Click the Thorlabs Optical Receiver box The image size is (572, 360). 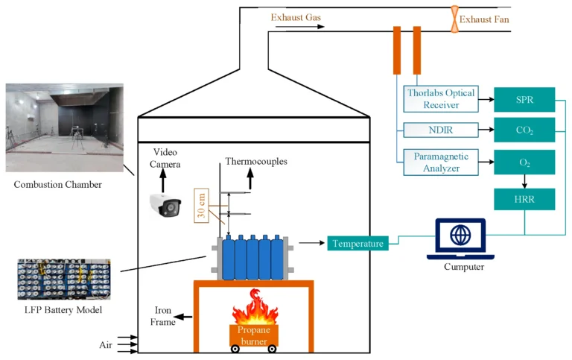pos(442,99)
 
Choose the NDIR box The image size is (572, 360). pos(442,130)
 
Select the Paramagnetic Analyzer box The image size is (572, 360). pos(442,162)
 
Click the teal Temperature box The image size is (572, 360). pos(357,243)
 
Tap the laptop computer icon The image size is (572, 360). pos(460,238)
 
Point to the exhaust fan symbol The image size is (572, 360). pos(452,19)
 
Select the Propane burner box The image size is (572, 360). pos(254,335)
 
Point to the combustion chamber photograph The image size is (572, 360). pos(64,128)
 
